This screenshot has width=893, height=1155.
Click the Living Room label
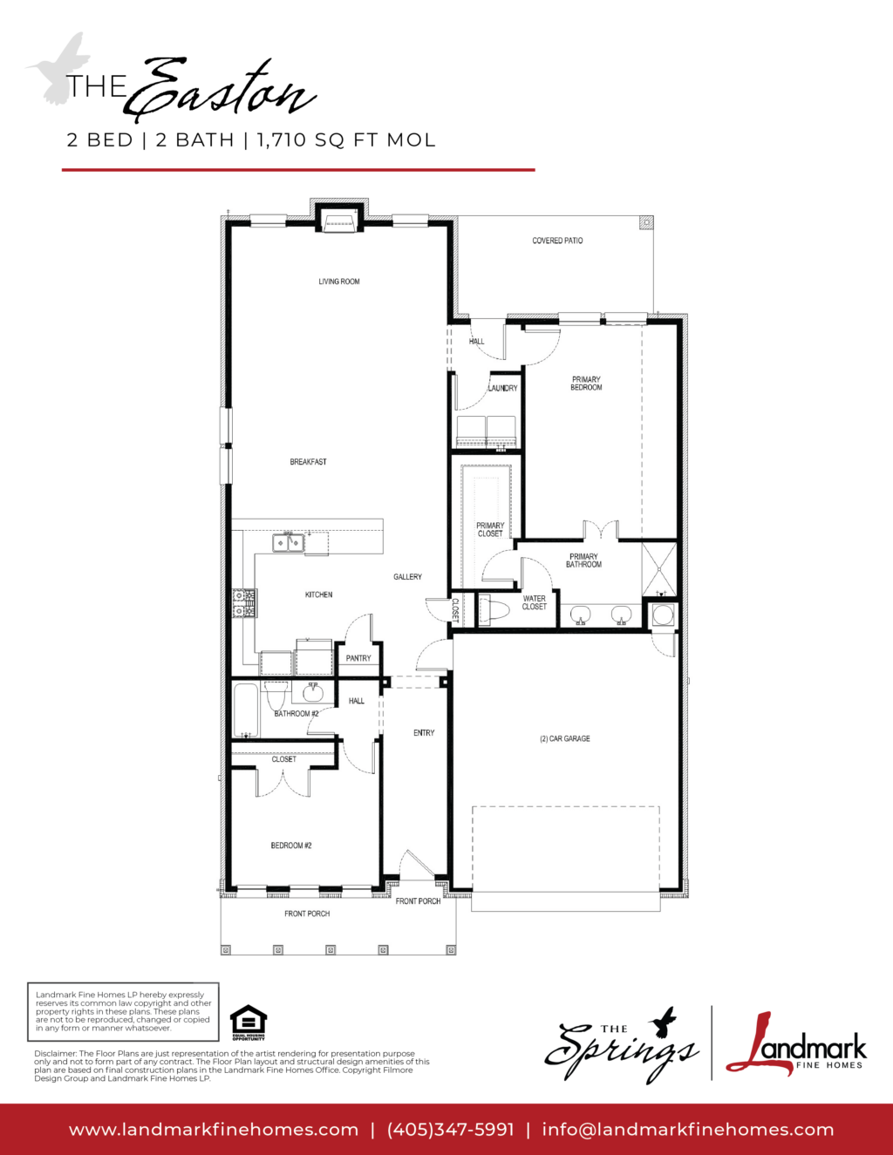(x=339, y=282)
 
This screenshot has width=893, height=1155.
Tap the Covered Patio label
(x=557, y=241)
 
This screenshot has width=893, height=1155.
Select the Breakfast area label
(x=309, y=462)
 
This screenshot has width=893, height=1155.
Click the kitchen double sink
(x=288, y=543)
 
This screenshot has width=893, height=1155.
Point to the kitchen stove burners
(x=244, y=603)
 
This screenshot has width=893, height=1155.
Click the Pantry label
(x=358, y=658)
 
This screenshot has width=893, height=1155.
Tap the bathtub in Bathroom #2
(x=246, y=710)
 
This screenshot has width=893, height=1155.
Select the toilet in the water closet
(x=494, y=610)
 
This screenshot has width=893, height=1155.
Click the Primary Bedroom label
(x=586, y=384)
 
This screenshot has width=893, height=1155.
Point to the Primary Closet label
(x=490, y=529)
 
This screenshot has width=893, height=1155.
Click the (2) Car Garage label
(x=565, y=738)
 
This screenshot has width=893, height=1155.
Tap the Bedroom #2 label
(x=291, y=846)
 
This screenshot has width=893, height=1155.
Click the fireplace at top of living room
(x=339, y=224)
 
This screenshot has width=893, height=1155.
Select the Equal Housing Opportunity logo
(x=249, y=1023)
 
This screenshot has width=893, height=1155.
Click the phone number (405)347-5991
(x=451, y=1130)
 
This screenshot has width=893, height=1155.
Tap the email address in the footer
(x=688, y=1130)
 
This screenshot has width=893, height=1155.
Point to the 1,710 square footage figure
(x=282, y=139)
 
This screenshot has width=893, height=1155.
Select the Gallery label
(x=408, y=577)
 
